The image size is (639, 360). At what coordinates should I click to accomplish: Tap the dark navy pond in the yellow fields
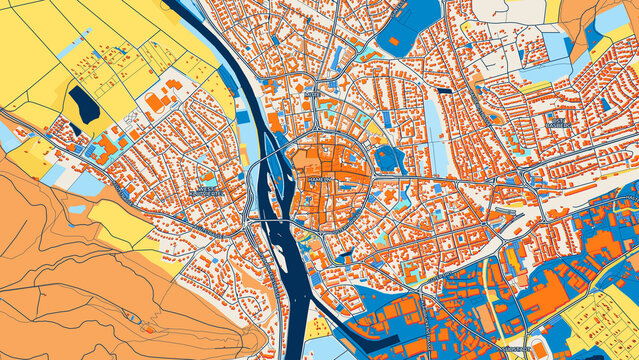[83, 105]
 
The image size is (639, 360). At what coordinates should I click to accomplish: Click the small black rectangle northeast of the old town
[443, 92]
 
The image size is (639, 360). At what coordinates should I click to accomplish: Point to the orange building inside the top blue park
[393, 42]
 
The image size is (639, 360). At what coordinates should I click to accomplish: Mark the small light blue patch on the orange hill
[77, 210]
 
